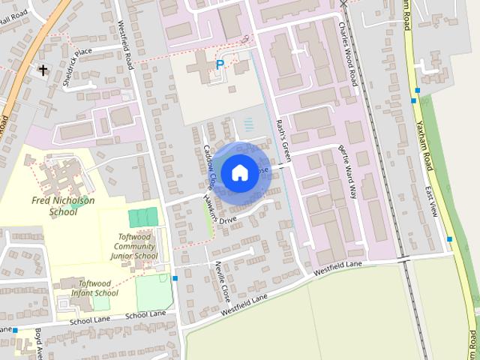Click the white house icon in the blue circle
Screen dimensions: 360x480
click(x=238, y=173)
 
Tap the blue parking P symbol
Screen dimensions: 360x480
click(x=220, y=65)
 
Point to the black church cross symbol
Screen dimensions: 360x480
click(x=43, y=70)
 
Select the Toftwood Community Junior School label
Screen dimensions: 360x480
click(x=137, y=247)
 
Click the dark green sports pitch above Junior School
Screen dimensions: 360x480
click(x=143, y=218)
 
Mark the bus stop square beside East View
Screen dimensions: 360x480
click(x=449, y=239)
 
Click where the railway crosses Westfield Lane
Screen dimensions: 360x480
click(x=404, y=259)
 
